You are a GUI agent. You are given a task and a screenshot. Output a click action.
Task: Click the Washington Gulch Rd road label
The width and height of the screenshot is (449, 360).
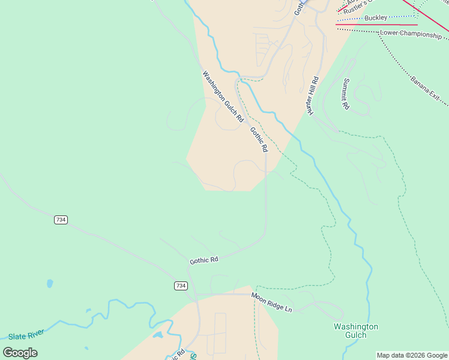(222, 97)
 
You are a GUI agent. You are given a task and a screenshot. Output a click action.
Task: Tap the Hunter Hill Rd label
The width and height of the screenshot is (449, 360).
(312, 95)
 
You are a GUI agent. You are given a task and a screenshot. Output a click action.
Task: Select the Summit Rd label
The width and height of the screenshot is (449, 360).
(346, 94)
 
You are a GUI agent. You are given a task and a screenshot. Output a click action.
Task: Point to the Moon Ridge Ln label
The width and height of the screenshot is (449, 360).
(271, 301)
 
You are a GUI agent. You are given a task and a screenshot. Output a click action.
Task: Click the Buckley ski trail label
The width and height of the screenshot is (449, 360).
(376, 18)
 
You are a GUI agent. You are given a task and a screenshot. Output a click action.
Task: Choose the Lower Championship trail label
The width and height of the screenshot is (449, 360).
(411, 34)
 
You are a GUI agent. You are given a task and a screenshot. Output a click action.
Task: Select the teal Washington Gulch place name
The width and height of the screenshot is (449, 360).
(356, 331)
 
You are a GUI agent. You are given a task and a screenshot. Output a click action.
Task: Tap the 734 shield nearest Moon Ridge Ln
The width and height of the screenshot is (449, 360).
(181, 286)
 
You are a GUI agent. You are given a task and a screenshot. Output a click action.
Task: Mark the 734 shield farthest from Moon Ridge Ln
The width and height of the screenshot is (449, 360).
(60, 220)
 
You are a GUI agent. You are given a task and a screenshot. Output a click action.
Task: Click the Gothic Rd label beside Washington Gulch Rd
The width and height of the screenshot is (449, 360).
(259, 140)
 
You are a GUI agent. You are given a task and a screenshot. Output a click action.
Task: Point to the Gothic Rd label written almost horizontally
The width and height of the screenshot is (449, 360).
(204, 260)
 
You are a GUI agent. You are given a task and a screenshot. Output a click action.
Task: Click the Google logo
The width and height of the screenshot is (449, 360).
(20, 353)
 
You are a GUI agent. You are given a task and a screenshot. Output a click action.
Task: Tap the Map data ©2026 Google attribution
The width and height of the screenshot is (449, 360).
(412, 355)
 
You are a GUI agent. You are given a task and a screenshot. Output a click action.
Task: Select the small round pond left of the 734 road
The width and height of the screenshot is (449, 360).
(49, 283)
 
